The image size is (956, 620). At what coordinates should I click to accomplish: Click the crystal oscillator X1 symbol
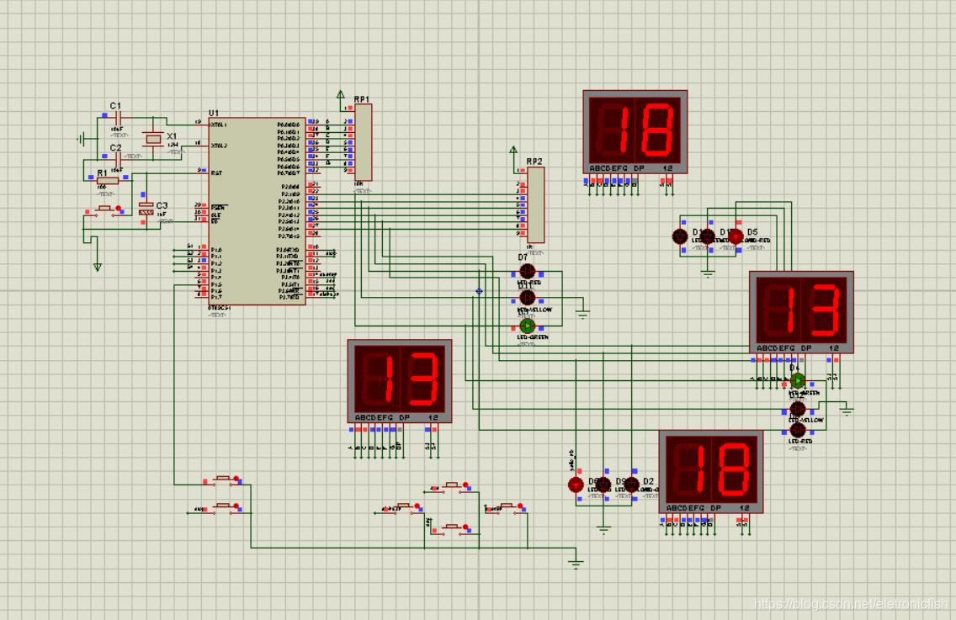(x=152, y=137)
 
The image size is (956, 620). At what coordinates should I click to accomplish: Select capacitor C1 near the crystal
(x=116, y=115)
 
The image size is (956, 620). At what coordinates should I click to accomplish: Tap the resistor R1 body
(x=108, y=180)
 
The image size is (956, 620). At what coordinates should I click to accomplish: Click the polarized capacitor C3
(x=146, y=208)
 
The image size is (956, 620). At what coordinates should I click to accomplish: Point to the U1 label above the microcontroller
(x=214, y=113)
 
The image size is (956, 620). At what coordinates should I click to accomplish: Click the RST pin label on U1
(x=216, y=172)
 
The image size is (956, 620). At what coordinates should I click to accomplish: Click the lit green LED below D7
(x=527, y=326)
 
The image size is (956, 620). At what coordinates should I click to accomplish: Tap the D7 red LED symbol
(x=527, y=271)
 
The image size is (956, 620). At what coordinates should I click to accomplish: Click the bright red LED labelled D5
(x=736, y=236)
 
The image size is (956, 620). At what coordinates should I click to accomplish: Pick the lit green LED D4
(x=797, y=380)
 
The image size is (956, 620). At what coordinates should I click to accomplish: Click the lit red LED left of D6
(x=576, y=485)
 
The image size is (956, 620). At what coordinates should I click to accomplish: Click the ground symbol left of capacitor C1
(x=82, y=138)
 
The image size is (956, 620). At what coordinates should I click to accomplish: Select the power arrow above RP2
(x=514, y=150)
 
